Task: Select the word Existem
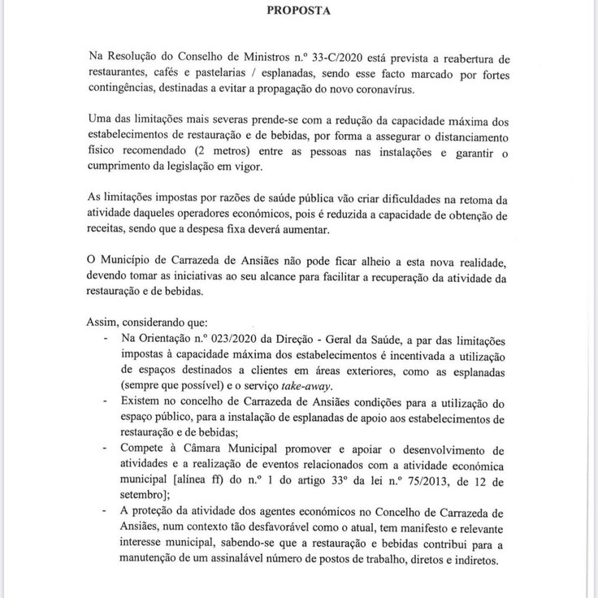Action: point(141,401)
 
